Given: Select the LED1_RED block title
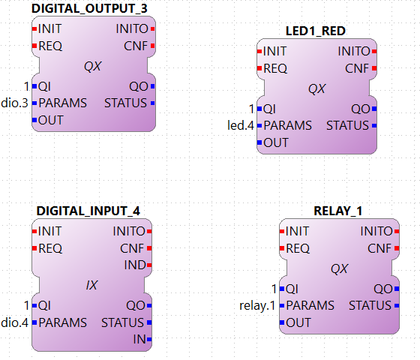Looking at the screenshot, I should click(x=316, y=31).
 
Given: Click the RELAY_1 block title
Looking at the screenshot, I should click(x=337, y=211).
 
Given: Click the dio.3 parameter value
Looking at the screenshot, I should click(x=14, y=103).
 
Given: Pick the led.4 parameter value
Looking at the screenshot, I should click(x=241, y=125).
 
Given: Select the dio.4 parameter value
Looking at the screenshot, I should click(x=14, y=322).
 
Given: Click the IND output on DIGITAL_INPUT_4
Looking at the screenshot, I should click(x=135, y=265).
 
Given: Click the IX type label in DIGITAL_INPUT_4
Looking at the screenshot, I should click(x=91, y=285).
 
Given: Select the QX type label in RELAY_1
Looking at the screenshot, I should click(x=339, y=268).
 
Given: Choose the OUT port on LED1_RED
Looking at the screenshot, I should click(x=275, y=142).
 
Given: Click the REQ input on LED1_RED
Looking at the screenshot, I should click(x=274, y=68).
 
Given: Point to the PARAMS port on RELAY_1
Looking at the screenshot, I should click(x=310, y=305).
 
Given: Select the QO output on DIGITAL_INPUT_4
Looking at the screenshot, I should click(x=136, y=305).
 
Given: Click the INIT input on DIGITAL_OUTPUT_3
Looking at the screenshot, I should click(x=49, y=28).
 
